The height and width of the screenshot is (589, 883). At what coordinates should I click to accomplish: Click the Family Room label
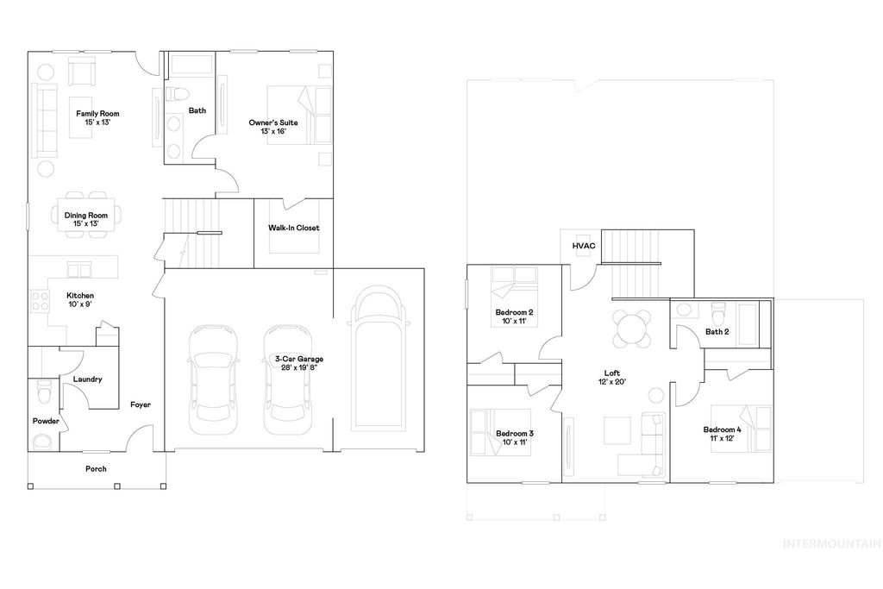(97, 118)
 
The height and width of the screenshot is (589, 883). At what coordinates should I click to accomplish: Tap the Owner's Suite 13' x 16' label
(273, 127)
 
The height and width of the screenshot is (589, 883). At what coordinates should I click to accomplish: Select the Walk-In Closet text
(293, 229)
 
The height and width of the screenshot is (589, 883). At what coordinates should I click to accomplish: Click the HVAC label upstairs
(584, 247)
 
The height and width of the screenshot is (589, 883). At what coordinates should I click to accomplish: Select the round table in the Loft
(631, 327)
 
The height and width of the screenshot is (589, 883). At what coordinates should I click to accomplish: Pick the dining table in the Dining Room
(86, 214)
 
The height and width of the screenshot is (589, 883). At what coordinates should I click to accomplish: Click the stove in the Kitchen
(40, 300)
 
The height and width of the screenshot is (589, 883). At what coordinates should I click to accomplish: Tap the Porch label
(96, 469)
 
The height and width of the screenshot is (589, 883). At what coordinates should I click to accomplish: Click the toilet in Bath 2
(717, 311)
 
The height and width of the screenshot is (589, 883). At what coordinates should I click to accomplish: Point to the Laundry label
(88, 379)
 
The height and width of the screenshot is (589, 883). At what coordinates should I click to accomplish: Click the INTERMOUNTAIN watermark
(830, 543)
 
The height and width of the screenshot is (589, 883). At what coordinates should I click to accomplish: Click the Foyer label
(141, 404)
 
